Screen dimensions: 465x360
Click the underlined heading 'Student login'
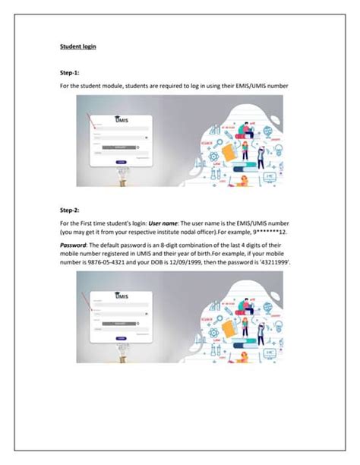tap(77, 46)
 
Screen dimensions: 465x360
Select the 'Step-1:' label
tap(71, 74)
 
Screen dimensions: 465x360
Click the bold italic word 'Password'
tap(75, 246)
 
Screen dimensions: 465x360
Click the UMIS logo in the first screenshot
tap(120, 120)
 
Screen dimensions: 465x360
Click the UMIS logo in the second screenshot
tap(120, 297)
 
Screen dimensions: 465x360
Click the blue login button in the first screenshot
tap(121, 162)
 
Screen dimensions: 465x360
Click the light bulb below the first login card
tap(120, 176)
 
